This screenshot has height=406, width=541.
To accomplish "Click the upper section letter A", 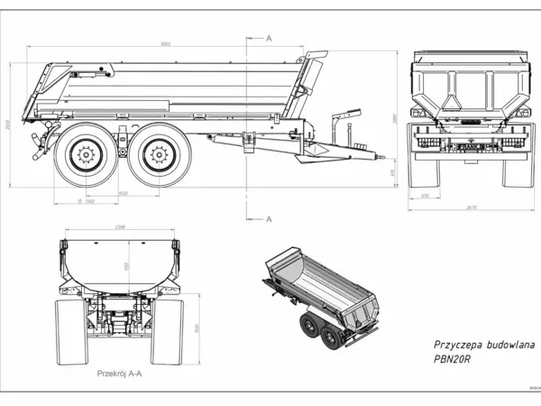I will click(269, 38).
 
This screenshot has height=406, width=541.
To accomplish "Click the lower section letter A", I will click(269, 218).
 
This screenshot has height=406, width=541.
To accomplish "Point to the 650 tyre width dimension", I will click(424, 196).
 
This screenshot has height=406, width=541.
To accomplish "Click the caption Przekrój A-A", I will click(122, 372).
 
